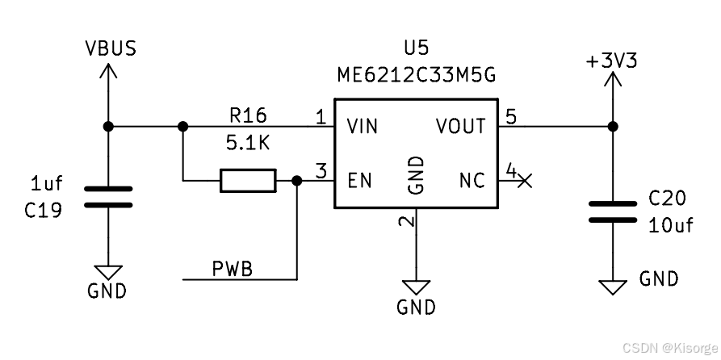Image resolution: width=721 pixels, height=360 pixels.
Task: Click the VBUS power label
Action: (111, 48)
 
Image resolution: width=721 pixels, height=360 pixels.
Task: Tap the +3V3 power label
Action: (612, 60)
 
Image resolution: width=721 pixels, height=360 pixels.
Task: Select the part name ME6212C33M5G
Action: (416, 74)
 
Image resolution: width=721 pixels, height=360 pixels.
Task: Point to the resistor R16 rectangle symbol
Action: (248, 181)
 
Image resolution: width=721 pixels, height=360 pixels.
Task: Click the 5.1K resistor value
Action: (247, 143)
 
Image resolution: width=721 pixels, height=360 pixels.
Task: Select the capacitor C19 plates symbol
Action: (108, 196)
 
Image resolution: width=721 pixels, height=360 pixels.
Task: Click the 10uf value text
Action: (670, 225)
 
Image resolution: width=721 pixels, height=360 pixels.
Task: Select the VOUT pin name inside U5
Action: (460, 127)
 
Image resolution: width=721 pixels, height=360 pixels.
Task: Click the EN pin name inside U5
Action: (359, 180)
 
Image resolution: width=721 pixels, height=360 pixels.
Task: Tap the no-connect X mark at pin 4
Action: (524, 181)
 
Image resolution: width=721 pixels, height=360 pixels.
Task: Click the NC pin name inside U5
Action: (472, 180)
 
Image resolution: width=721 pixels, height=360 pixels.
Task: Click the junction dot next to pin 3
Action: (297, 181)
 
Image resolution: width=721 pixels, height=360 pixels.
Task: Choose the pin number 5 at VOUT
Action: (510, 117)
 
